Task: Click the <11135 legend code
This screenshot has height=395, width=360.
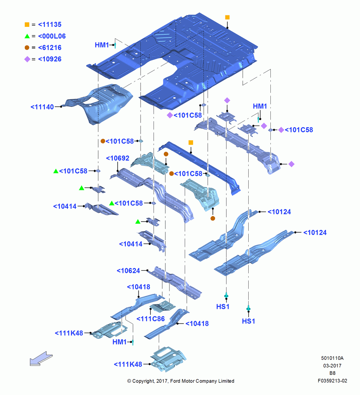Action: coord(50,24)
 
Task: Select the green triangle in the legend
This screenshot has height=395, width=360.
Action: coord(27,36)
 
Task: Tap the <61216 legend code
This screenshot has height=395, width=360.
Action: coord(50,48)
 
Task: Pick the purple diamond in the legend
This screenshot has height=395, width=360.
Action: coord(27,59)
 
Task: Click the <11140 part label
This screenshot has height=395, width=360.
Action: coord(42,107)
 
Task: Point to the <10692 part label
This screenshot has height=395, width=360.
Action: coord(118,158)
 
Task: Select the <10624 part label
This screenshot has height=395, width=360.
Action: coord(128,271)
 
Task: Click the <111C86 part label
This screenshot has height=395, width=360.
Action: coord(150,319)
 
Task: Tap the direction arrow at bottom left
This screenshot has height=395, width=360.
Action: coord(41,359)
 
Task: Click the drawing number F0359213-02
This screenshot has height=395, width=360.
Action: coord(332,381)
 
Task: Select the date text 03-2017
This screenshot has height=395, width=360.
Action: coord(332,365)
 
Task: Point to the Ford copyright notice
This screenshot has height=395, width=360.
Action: coord(181,381)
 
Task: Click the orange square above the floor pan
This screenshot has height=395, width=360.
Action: coord(227,17)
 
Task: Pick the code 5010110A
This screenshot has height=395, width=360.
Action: coord(332,358)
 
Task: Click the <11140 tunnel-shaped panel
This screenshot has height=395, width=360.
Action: coord(101,103)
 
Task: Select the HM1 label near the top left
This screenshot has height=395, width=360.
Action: coord(102,45)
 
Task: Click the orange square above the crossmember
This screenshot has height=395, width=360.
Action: coord(191,143)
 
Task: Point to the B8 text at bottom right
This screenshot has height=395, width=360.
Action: coord(332,373)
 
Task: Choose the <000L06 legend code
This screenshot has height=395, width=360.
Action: coord(52,36)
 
